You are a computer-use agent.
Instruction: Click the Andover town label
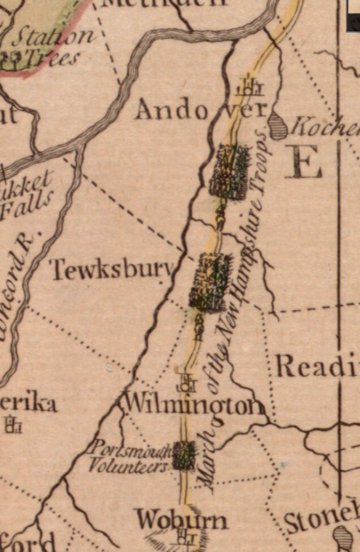tap(201, 110)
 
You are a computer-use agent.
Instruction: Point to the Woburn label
tap(181, 519)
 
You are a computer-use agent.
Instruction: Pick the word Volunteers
tap(128, 466)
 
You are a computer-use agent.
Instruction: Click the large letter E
tap(303, 161)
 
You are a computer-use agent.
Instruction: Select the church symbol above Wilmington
tap(186, 384)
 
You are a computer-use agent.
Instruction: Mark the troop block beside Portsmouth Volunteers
tap(183, 455)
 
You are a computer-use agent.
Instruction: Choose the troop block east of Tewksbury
tap(211, 281)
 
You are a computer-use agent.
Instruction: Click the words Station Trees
tap(49, 47)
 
